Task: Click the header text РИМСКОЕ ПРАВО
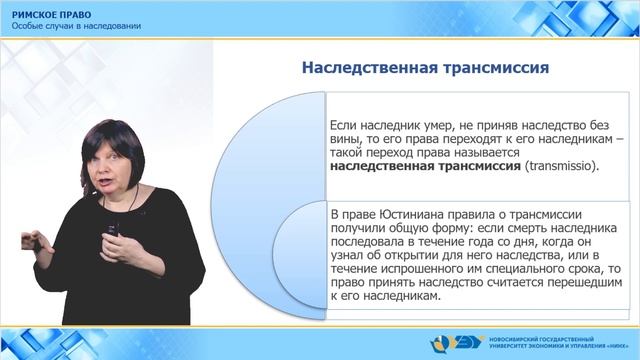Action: pyautogui.click(x=49, y=14)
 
